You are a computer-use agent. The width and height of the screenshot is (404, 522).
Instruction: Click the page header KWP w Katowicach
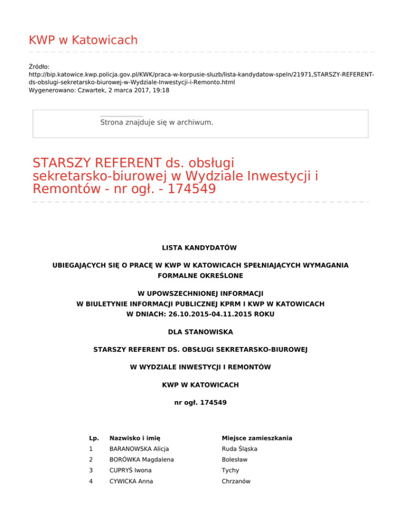click(83, 40)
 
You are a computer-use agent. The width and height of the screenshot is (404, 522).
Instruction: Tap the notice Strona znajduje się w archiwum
click(156, 122)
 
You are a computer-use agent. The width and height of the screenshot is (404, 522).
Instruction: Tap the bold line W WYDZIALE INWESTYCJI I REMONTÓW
click(200, 367)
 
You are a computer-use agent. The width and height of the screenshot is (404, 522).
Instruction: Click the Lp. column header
click(94, 438)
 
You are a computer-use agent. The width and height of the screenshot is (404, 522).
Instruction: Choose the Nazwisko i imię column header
click(134, 438)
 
